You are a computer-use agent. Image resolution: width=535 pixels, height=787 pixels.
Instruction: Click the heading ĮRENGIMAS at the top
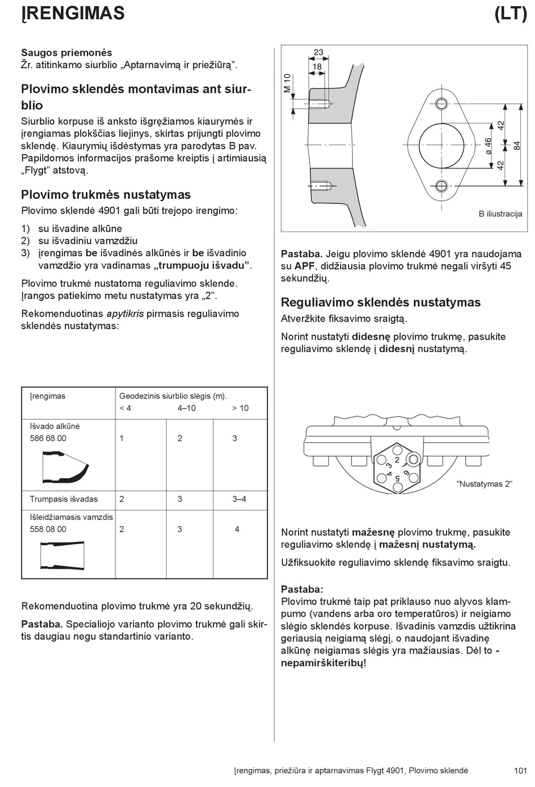coord(73,13)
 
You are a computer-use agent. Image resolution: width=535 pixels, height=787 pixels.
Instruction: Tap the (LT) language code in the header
coord(510,13)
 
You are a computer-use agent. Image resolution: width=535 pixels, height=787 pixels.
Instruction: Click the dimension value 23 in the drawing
coord(318,52)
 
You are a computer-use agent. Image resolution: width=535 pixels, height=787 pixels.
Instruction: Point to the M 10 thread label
coord(287,83)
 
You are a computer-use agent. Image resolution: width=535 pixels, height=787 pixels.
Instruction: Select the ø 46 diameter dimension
coord(488,146)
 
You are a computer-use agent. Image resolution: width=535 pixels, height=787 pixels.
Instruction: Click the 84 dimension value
coord(517,145)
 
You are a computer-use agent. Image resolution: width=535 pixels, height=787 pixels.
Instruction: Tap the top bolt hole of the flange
coord(442,103)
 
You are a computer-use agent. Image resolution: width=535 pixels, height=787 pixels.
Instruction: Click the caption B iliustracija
coord(500,214)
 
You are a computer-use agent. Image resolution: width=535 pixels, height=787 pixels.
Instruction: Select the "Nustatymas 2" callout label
coord(484,484)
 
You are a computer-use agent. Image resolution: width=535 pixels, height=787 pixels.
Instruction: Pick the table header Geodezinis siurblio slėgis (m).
coord(173,396)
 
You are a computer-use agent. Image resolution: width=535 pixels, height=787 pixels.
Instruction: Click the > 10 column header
coord(240,408)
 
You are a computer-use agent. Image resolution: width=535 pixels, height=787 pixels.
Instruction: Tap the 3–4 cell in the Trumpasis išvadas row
coord(239,499)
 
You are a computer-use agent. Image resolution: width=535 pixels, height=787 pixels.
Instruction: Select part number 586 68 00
coord(48,438)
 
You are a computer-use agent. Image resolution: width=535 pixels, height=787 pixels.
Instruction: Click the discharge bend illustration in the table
coord(65,466)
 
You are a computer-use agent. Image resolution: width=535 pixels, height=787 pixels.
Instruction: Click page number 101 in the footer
coord(520,771)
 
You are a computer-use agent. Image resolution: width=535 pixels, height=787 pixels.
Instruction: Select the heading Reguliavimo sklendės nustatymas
coord(381,303)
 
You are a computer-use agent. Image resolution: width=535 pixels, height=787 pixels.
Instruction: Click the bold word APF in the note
coord(305,266)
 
